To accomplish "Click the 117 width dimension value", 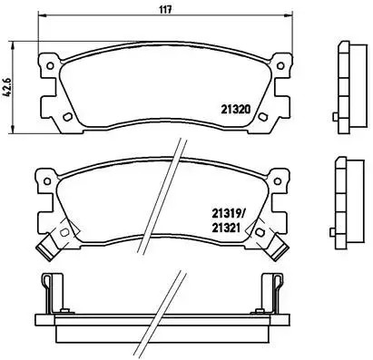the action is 165,9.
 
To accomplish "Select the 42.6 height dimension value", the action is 7,87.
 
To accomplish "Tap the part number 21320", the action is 236,109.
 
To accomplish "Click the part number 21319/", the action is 228,214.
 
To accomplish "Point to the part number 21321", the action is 226,228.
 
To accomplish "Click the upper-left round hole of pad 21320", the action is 50,65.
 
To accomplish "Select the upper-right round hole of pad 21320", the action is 280,65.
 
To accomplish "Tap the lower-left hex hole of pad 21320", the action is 67,117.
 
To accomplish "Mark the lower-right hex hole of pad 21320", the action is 262,117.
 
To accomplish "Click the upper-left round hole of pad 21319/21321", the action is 47,181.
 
